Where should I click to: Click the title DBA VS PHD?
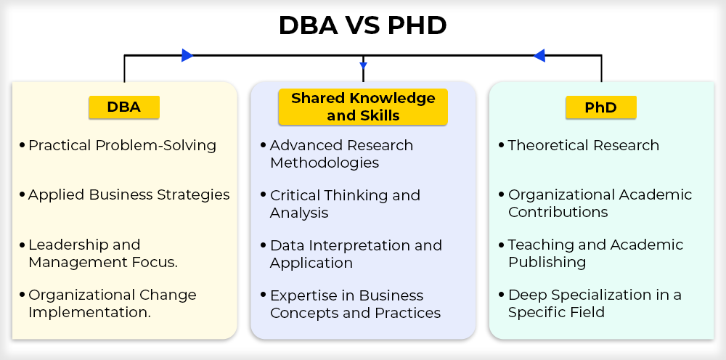click(x=362, y=25)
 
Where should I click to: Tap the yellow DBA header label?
click(x=124, y=107)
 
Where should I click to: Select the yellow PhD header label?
click(x=601, y=107)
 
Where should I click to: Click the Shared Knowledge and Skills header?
click(x=363, y=107)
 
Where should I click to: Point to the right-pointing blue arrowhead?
click(x=187, y=56)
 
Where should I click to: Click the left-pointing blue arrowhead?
click(x=539, y=56)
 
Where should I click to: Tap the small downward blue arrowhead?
click(x=364, y=66)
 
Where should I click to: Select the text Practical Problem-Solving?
click(x=122, y=146)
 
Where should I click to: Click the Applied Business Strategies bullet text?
click(x=129, y=195)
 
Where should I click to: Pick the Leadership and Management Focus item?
click(x=103, y=253)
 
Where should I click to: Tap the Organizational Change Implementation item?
click(x=113, y=303)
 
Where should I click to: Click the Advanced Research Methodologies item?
click(x=341, y=154)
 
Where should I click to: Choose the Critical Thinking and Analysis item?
click(x=345, y=204)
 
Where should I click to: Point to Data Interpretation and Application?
click(x=356, y=254)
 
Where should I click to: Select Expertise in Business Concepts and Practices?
click(x=355, y=304)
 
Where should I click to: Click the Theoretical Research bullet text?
click(x=584, y=145)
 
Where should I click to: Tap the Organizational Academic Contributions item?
click(x=600, y=204)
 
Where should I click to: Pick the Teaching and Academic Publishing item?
click(x=595, y=253)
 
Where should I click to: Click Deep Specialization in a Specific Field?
click(x=595, y=303)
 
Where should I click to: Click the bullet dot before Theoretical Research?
click(x=502, y=145)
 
